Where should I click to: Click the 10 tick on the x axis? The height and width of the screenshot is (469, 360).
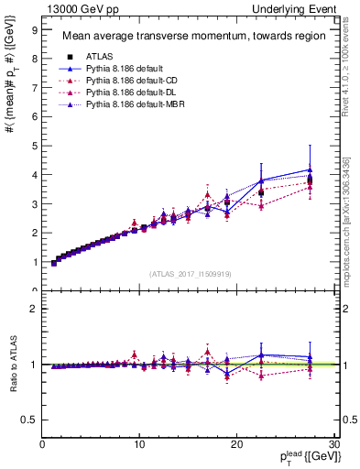139,445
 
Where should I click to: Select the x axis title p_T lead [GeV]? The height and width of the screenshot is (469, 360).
302,459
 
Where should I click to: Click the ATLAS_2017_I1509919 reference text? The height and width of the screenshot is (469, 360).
189,274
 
